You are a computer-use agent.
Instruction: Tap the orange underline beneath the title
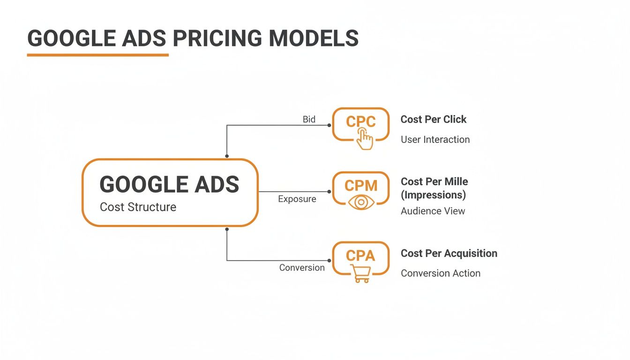(x=97, y=55)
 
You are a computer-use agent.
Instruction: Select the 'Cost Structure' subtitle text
(x=138, y=207)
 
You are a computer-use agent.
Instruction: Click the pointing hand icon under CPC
(x=365, y=139)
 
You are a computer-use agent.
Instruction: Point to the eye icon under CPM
(x=361, y=202)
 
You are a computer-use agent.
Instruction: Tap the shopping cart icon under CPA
(x=360, y=273)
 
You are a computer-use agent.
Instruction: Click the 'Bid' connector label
(x=309, y=119)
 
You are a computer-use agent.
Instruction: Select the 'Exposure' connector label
(x=297, y=199)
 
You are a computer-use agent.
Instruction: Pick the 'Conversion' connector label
(x=302, y=268)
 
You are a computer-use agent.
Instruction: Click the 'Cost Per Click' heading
(x=433, y=119)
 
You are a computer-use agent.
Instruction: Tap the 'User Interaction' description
(x=435, y=139)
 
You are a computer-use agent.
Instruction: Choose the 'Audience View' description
(x=433, y=211)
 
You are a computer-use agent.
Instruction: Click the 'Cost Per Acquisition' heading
(x=449, y=253)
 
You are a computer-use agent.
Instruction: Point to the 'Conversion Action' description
(x=440, y=273)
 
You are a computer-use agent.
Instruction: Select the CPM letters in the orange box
(x=360, y=186)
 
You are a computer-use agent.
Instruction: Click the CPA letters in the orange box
(x=360, y=255)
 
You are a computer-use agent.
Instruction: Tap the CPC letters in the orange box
(x=360, y=122)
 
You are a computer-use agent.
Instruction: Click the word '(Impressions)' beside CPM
(x=433, y=195)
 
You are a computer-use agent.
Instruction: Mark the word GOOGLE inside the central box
(x=135, y=185)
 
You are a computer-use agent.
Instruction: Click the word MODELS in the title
(x=314, y=38)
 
